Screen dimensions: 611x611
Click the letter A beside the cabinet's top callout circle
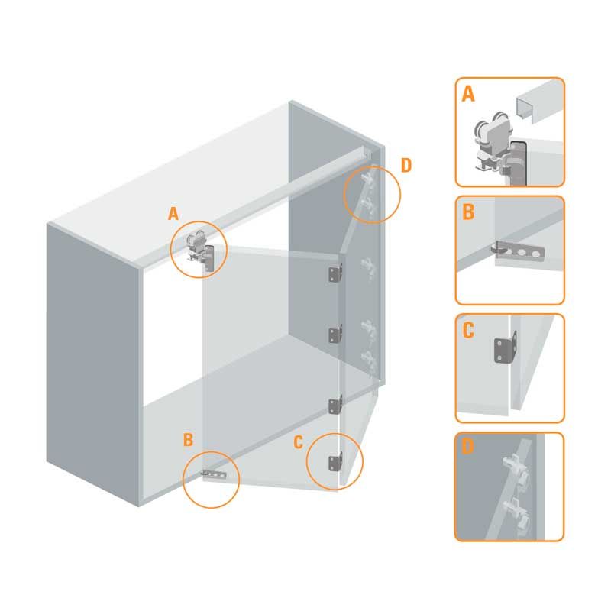[173, 214]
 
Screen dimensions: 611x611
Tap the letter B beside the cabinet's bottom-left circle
[188, 440]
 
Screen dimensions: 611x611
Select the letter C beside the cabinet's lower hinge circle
[298, 442]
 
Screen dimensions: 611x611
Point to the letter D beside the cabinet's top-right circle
[406, 166]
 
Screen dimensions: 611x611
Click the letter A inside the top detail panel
[468, 94]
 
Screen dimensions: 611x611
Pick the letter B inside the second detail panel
[468, 212]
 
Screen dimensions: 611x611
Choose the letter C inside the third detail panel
[468, 331]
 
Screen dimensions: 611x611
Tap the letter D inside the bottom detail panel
[467, 447]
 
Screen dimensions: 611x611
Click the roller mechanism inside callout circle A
[196, 247]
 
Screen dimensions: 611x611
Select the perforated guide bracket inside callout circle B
[214, 474]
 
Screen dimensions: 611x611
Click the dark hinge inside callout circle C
[335, 462]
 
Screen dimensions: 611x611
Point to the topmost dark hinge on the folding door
[335, 273]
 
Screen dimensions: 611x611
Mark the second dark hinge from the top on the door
[335, 334]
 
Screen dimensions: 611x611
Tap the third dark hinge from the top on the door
[335, 406]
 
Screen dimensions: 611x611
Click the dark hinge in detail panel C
[506, 348]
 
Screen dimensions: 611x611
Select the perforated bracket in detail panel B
[520, 252]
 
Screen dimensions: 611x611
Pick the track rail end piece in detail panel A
[539, 102]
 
